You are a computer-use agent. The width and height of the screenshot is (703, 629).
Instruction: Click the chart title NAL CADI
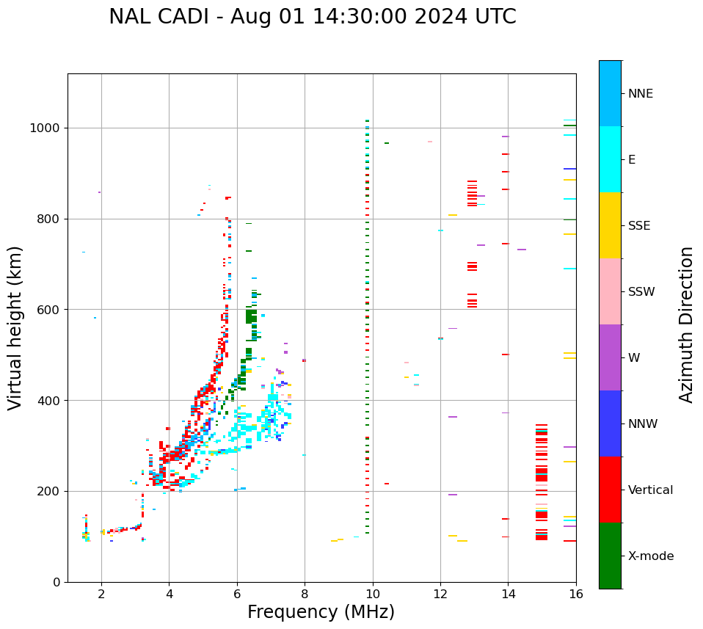tap(312, 17)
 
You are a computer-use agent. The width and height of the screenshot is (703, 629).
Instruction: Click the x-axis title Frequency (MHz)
tap(321, 612)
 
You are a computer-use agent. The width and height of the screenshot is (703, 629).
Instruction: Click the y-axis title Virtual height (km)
tap(15, 327)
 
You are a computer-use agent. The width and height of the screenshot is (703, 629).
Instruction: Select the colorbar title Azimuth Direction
tap(686, 324)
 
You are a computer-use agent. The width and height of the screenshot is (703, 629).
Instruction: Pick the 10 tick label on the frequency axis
tap(373, 594)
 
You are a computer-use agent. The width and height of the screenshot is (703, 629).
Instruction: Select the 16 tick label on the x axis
tap(576, 594)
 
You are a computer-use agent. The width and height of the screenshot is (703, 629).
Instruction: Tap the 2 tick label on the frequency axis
tap(101, 594)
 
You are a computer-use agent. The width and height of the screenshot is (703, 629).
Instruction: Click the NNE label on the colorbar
tap(640, 94)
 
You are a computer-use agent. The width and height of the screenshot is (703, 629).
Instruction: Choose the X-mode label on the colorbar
tap(650, 556)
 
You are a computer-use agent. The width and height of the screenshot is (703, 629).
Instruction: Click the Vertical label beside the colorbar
tap(650, 490)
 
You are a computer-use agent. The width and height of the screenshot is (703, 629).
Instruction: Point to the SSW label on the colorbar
tap(641, 292)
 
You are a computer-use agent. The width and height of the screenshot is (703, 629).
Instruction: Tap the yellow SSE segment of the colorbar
tap(610, 225)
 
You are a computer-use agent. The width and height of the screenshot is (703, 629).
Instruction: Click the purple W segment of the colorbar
tap(610, 357)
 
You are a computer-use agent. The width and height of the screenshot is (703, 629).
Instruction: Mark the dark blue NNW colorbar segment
tap(610, 423)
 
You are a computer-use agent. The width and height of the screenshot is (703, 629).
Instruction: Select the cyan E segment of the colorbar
tap(610, 159)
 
